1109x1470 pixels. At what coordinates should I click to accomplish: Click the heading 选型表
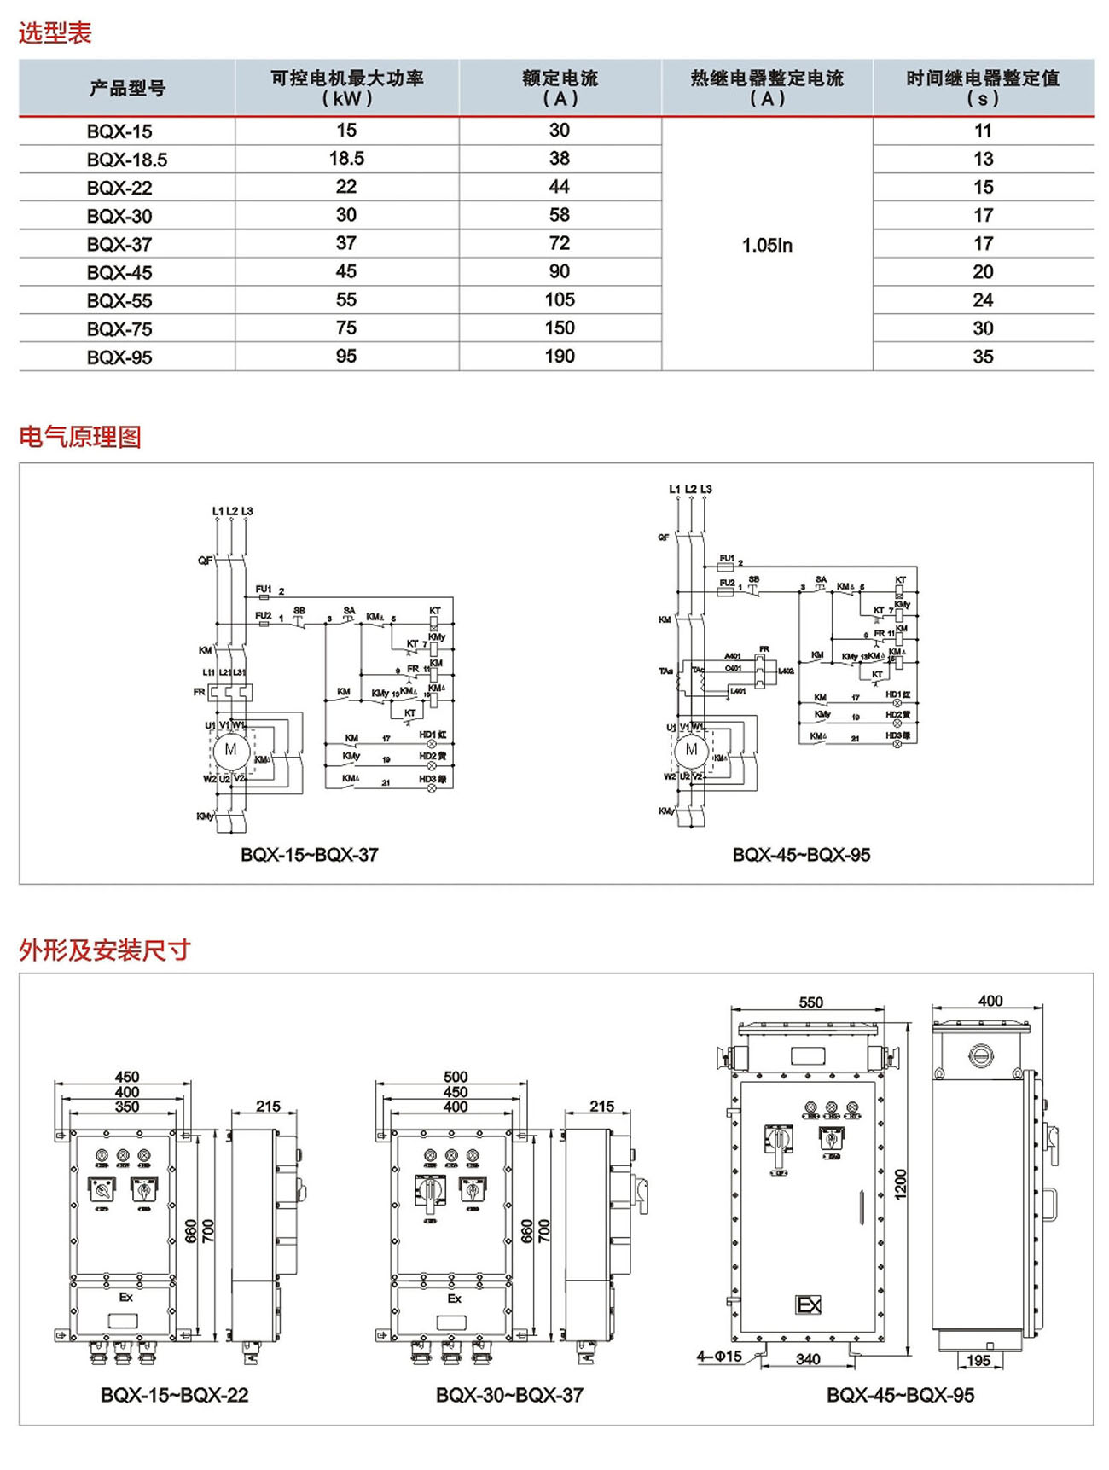[55, 33]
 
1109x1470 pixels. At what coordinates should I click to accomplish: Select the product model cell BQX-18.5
[127, 160]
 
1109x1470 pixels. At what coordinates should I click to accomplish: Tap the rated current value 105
[560, 299]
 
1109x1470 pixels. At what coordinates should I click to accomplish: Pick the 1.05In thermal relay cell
[767, 246]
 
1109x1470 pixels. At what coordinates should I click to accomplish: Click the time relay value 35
[983, 357]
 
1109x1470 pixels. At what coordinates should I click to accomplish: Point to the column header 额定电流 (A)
[560, 88]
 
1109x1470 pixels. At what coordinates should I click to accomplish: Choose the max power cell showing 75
[346, 328]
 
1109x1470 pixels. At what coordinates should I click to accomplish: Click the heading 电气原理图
[80, 437]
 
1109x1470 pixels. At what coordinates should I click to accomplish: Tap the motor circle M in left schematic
[230, 750]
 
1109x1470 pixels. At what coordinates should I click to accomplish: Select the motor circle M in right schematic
[691, 749]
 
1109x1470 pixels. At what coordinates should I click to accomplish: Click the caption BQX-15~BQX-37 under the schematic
[309, 854]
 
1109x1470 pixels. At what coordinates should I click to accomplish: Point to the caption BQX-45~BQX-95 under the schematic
[801, 854]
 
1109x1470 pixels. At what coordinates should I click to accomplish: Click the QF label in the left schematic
[205, 561]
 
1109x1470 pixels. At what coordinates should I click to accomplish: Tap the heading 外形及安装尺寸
[105, 950]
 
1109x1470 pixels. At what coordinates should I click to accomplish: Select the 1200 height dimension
[900, 1184]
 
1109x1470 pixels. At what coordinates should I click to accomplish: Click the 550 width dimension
[810, 1002]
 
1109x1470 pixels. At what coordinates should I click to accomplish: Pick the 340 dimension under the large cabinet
[807, 1359]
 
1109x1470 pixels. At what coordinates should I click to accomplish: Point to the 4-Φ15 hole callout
[718, 1356]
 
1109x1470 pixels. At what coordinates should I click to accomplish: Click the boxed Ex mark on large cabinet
[808, 1304]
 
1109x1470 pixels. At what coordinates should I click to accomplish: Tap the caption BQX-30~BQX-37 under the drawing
[509, 1395]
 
